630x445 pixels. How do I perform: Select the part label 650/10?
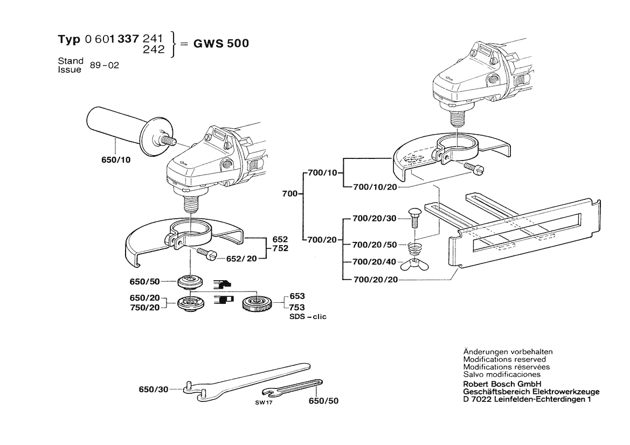115,160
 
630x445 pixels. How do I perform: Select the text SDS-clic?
308,317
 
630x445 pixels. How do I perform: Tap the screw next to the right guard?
474,168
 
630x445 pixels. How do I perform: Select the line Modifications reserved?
504,359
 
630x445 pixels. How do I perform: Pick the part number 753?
297,307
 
